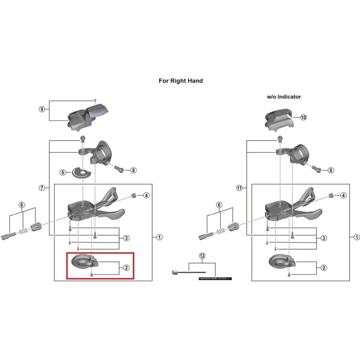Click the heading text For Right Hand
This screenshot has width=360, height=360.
click(x=180, y=81)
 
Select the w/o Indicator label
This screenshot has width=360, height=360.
click(x=284, y=97)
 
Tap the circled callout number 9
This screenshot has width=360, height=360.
click(x=42, y=109)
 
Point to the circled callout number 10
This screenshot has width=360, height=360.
click(x=303, y=117)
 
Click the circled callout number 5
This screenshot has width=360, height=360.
click(x=63, y=172)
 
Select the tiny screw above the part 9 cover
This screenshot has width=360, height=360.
click(x=95, y=99)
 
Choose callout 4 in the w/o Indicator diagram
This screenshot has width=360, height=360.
click(x=343, y=195)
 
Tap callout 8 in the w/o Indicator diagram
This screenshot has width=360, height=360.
click(x=331, y=171)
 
